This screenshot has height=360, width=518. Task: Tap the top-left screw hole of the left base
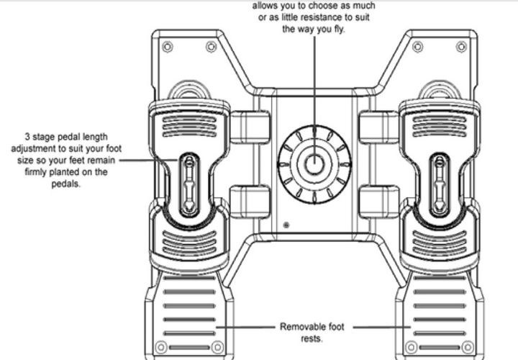pos(167,47)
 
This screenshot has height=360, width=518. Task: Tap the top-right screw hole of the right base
pos(460,47)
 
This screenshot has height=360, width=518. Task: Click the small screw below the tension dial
pos(287,225)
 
